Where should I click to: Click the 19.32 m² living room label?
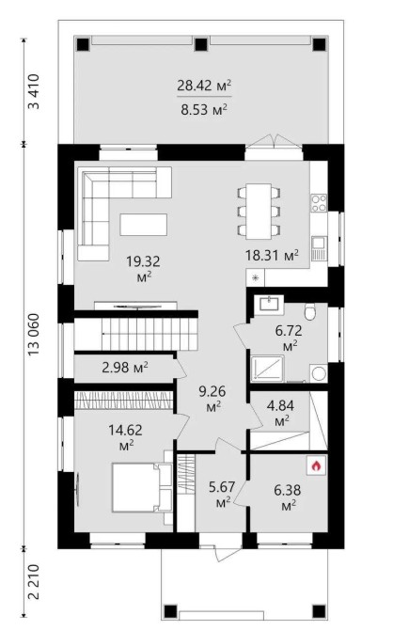coord(143,269)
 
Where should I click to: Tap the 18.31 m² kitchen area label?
coord(272,255)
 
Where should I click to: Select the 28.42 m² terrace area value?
coord(204,86)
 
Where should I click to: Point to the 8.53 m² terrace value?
coord(204,109)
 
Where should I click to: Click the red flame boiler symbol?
coord(317,466)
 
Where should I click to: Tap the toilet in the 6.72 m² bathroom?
coord(310,311)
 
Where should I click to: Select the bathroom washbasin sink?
coord(269,304)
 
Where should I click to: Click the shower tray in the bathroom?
coord(268,369)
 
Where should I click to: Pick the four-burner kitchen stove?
coord(319,203)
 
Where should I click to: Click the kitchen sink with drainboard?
coord(320,248)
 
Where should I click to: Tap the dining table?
coord(259,212)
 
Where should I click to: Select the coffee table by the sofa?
coord(144,224)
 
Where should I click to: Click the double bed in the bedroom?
coord(142,487)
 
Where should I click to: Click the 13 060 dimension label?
coord(35,334)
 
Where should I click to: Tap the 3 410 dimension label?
coord(35,91)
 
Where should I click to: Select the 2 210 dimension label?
coord(35,581)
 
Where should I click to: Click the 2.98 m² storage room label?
coord(125,368)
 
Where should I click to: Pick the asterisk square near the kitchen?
coord(255,277)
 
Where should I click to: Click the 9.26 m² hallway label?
coord(212,398)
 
